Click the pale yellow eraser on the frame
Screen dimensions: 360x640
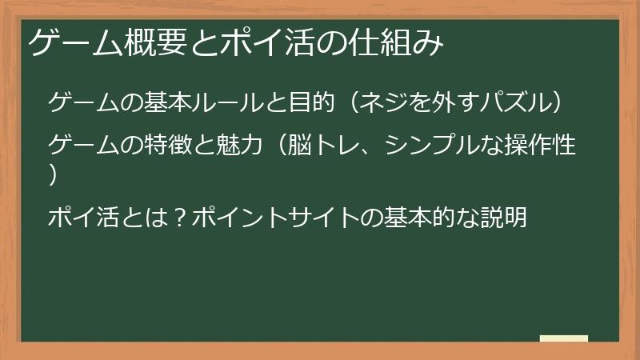(x=564, y=339)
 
